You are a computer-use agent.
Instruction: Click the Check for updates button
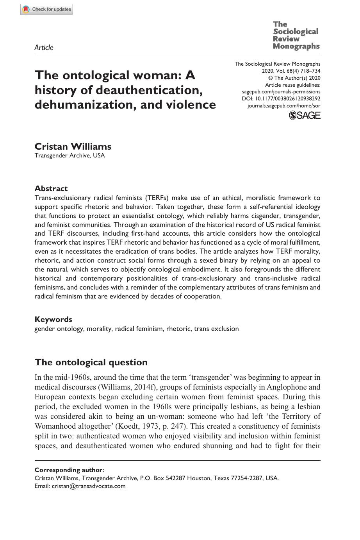[x=46, y=9]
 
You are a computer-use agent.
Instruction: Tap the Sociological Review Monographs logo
[x=296, y=35]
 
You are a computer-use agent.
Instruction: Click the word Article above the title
[x=44, y=48]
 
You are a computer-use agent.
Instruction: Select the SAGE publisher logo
[x=305, y=115]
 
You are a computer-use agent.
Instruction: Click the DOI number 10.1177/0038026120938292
[x=287, y=99]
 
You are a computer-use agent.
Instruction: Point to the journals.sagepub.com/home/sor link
[x=284, y=106]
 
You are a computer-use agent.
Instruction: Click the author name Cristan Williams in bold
[x=73, y=147]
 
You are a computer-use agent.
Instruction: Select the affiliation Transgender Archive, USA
[x=70, y=156]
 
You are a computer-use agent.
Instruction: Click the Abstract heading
[x=51, y=188]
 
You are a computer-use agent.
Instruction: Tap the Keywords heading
[x=53, y=319]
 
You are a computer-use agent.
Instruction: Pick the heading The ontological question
[x=91, y=362]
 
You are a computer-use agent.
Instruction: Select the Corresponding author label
[x=69, y=470]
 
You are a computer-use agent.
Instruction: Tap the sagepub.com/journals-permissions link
[x=281, y=92]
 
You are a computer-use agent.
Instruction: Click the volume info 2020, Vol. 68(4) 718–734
[x=291, y=71]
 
